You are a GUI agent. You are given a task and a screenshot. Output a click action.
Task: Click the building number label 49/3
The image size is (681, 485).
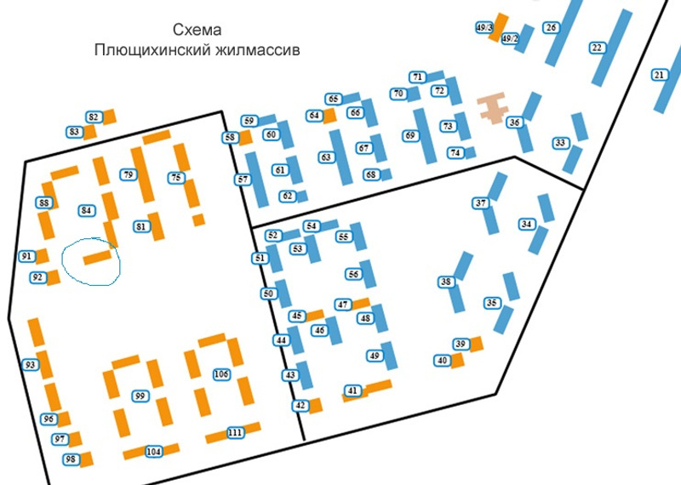[485, 27]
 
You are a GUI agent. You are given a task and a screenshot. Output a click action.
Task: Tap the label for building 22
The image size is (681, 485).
[597, 48]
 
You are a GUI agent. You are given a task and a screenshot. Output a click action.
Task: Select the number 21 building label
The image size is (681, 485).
[659, 75]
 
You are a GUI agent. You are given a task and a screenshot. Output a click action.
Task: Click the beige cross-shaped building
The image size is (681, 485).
[492, 108]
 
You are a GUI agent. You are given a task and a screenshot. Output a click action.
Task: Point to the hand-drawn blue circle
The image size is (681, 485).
[91, 261]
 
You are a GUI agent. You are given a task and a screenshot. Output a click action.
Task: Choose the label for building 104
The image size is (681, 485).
[154, 452]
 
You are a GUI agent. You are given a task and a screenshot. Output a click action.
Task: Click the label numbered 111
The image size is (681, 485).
[236, 433]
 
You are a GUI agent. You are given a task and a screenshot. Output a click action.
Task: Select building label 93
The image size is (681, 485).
[31, 365]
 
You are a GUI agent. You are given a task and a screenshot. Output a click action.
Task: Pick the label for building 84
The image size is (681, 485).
[85, 210]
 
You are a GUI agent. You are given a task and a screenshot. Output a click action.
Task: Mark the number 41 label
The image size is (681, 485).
[353, 391]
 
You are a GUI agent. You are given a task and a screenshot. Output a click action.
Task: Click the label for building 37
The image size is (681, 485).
[481, 203]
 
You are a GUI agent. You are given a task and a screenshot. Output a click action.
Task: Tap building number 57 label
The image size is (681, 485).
[243, 180]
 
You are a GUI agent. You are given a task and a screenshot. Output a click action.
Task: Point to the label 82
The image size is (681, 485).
[94, 117]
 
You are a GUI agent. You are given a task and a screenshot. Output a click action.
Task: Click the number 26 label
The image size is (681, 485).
[552, 28]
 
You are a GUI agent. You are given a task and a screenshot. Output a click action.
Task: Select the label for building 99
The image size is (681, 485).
[140, 396]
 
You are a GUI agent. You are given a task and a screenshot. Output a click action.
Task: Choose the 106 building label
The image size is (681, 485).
[221, 374]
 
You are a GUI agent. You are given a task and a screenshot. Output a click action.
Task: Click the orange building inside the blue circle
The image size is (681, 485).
[98, 256]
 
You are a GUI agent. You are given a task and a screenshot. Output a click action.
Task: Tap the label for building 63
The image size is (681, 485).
[325, 157]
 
